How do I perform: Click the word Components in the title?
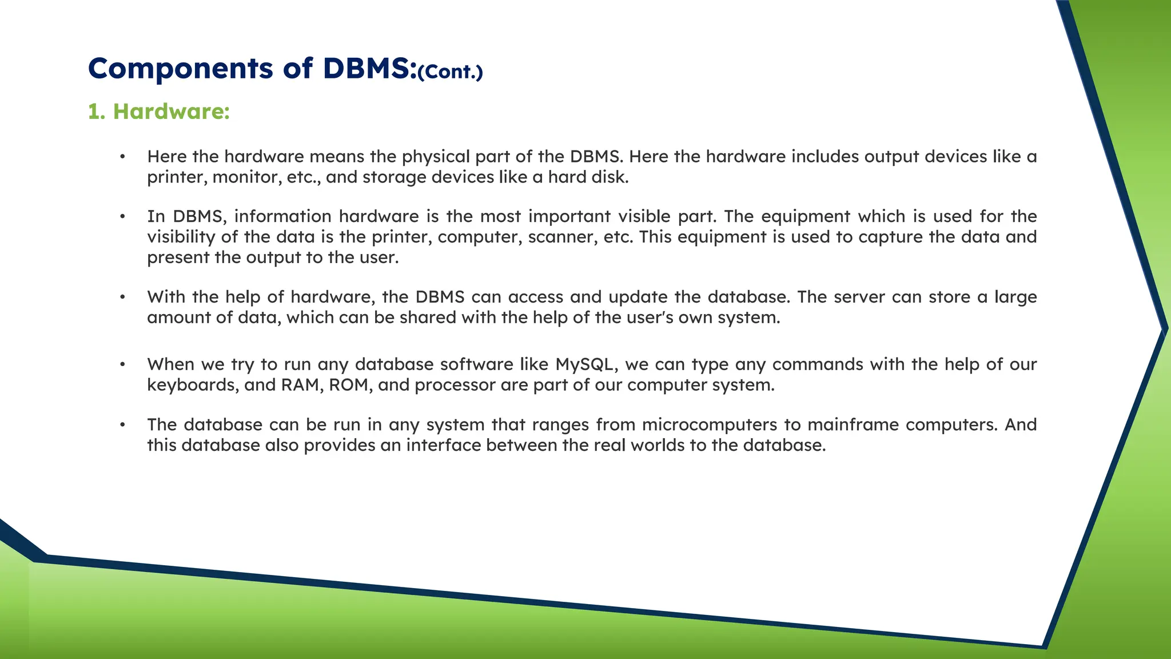[x=181, y=69]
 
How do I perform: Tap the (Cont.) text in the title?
[x=451, y=72]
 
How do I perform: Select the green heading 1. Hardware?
[x=159, y=111]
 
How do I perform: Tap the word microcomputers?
[x=710, y=424]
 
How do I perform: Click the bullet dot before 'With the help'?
[x=122, y=297]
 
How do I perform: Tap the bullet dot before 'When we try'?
[x=122, y=364]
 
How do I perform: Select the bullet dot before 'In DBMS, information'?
[x=122, y=216]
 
